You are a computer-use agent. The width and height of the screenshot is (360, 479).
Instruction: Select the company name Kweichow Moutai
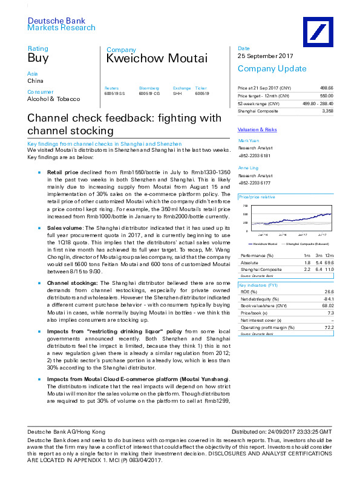[x=157, y=59]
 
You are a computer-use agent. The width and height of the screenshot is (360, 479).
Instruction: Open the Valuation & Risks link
[x=258, y=130]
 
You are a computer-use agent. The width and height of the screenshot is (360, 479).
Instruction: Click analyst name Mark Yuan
[x=248, y=140]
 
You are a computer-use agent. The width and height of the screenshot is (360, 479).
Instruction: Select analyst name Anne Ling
[x=247, y=168]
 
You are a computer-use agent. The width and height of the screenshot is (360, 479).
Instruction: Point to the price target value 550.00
[x=326, y=96]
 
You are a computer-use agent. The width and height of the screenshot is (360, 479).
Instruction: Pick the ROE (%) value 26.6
[x=329, y=290]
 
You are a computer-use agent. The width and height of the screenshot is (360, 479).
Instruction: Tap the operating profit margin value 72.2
[x=329, y=327]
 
